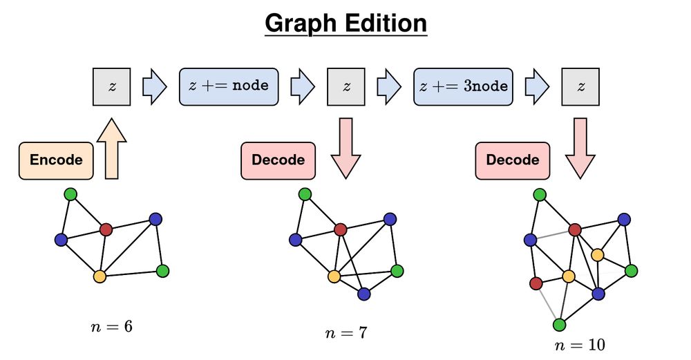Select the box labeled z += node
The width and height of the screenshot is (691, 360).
[229, 86]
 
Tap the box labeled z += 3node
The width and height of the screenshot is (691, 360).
[463, 86]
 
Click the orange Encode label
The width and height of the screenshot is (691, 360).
[56, 160]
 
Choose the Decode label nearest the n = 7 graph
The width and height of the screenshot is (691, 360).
[278, 160]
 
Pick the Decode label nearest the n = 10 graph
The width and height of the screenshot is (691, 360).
[512, 160]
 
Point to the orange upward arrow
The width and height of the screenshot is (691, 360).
[111, 149]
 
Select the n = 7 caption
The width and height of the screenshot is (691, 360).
[345, 333]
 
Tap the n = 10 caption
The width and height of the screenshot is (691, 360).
[580, 345]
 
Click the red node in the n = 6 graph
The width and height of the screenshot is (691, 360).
[106, 229]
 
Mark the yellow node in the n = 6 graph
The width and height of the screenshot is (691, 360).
[99, 276]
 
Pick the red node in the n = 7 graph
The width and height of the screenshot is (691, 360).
[340, 229]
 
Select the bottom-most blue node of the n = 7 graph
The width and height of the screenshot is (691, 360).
[364, 294]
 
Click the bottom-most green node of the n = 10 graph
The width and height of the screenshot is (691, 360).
[560, 324]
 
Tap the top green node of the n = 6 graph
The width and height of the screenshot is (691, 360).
[70, 194]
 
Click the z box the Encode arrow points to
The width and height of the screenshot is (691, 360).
[111, 86]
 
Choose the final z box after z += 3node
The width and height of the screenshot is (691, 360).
[580, 86]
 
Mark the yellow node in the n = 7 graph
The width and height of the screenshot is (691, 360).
[334, 276]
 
